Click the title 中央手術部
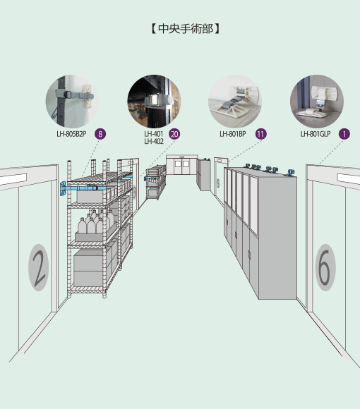(x=186, y=29)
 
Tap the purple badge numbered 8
(x=100, y=134)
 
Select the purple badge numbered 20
(x=174, y=134)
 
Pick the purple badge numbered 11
(x=260, y=134)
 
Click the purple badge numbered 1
(x=344, y=134)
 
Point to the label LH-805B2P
(x=71, y=134)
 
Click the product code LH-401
(x=154, y=134)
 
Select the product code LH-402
(x=154, y=141)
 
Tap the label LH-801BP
(x=233, y=134)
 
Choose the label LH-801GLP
(x=316, y=134)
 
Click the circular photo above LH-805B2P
(x=72, y=102)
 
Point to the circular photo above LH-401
(x=154, y=102)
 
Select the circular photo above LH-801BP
(x=235, y=102)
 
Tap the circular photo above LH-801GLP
(x=317, y=102)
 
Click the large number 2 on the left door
(x=38, y=268)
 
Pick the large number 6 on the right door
(x=325, y=268)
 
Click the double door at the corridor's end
(x=181, y=165)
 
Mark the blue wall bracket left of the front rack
(x=63, y=188)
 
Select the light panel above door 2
(x=13, y=179)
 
